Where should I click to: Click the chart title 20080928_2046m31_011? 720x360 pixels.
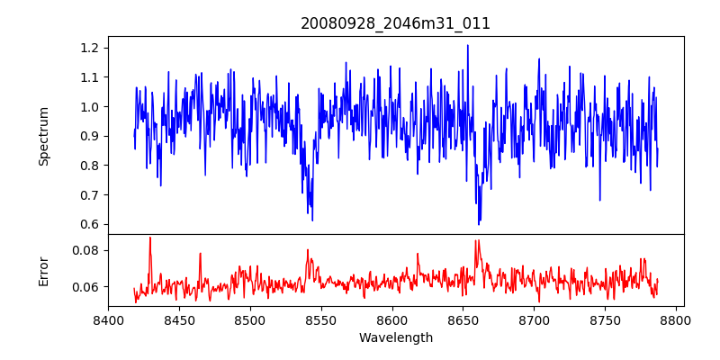point(395,24)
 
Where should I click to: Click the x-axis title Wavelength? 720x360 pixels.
point(395,338)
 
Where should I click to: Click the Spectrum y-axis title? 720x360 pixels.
point(44,136)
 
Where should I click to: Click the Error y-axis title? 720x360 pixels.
point(44,270)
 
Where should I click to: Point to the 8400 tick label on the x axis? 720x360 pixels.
point(108,319)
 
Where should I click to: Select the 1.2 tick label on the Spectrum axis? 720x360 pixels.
point(92,48)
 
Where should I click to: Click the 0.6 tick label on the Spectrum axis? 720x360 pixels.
point(92,224)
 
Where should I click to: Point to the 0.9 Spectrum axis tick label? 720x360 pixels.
point(92,136)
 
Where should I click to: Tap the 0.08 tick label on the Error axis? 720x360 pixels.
point(88,250)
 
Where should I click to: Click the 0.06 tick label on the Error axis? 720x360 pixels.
point(88,287)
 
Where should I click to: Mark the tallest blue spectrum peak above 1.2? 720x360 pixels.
point(468,45)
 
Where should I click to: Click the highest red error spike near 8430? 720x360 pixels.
point(150,238)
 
